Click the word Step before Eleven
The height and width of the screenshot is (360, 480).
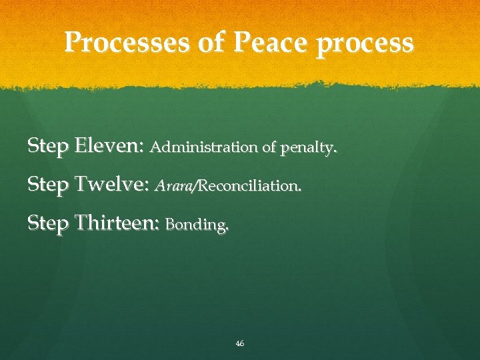click(x=48, y=146)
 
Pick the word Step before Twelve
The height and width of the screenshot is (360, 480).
click(x=48, y=185)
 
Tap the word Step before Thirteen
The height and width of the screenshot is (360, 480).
click(x=48, y=223)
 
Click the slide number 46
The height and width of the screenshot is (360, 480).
click(x=240, y=343)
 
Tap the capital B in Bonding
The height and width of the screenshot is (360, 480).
click(x=169, y=225)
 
